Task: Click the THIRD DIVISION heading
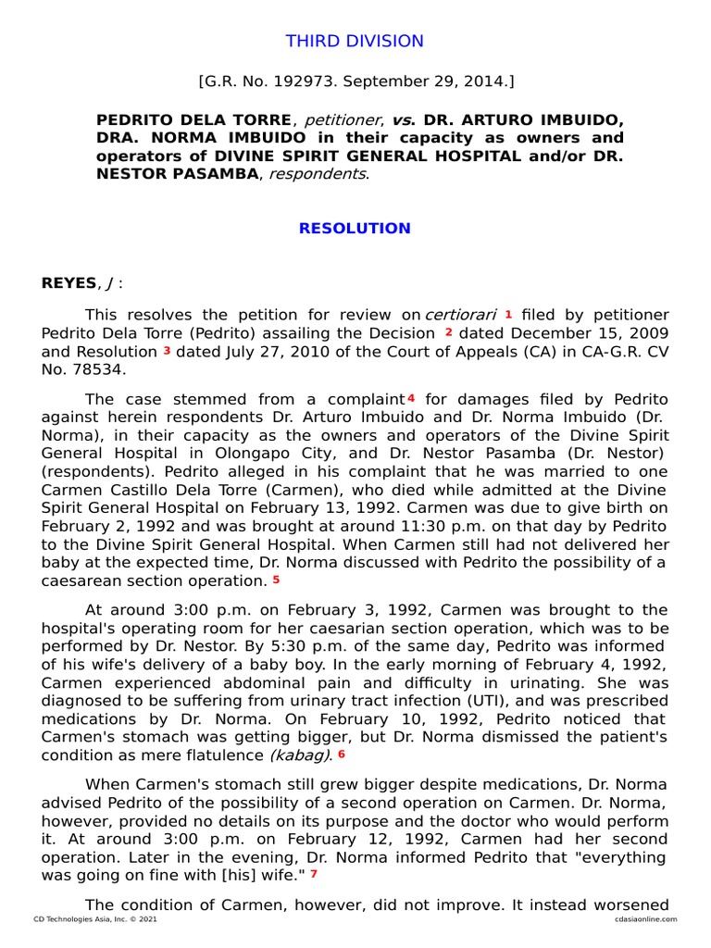point(355,42)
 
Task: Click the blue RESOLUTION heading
point(355,229)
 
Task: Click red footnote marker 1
point(508,314)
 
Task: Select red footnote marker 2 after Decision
point(448,332)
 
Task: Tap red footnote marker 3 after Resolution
point(167,351)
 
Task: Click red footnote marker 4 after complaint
point(410,398)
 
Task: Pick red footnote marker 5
point(276,580)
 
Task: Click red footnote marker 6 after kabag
point(341,755)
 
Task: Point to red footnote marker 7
point(314,873)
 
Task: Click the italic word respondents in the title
point(318,173)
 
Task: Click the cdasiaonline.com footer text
point(639,919)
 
